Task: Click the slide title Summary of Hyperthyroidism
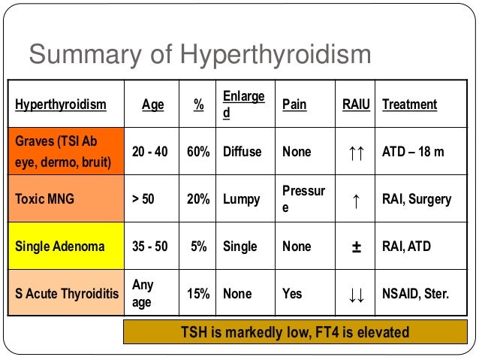coord(200,54)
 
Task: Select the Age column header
coord(153,104)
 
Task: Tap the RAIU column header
coord(356,104)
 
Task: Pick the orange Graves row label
coord(65,151)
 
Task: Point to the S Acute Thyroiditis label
coord(65,294)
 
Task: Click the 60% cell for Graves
coord(198,152)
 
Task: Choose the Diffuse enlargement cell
coord(243,152)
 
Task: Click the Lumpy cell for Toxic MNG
coord(242,199)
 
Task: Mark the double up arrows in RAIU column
coord(356,153)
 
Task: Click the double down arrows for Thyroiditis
coord(356,295)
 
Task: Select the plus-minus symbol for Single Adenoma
coord(356,247)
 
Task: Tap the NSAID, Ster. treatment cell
coord(416,294)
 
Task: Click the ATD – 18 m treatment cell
coord(414,152)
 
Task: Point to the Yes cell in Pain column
coord(292,294)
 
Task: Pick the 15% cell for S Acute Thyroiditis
coord(198,294)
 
